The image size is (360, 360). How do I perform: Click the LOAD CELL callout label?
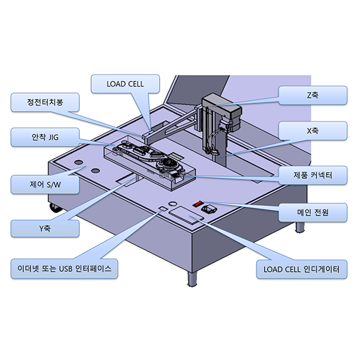pyautogui.click(x=125, y=83)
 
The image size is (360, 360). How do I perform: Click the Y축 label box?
pyautogui.click(x=45, y=227)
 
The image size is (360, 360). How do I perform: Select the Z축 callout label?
pyautogui.click(x=313, y=95)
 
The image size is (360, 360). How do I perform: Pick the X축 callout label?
pyautogui.click(x=313, y=130)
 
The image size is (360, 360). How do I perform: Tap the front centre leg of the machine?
pyautogui.click(x=193, y=278)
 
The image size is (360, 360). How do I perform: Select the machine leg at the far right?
pyautogui.click(x=298, y=226)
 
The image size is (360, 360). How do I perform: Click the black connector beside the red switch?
pyautogui.click(x=209, y=208)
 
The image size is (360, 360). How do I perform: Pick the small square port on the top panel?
pyautogui.click(x=162, y=208)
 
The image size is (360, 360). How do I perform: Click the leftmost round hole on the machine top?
pyautogui.click(x=77, y=163)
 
